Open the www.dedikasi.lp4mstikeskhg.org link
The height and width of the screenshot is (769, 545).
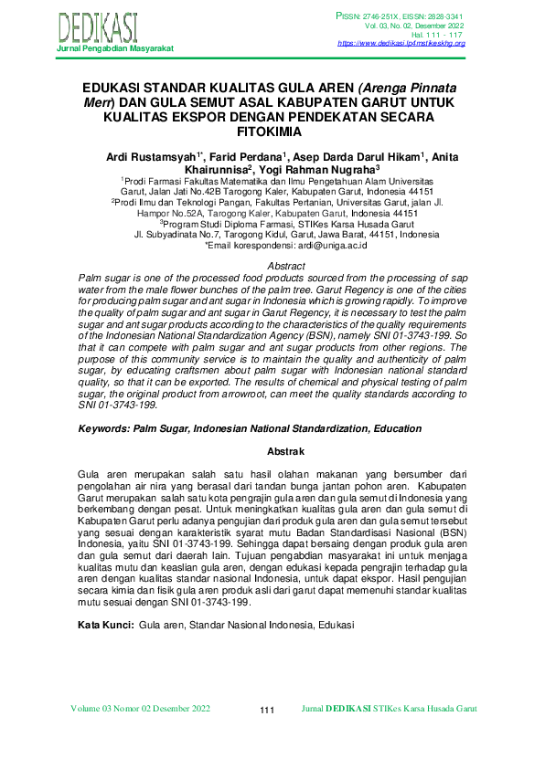click(x=401, y=43)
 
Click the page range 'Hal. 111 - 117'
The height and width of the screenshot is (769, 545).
click(x=438, y=35)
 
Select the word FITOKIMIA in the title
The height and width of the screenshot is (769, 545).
click(x=272, y=131)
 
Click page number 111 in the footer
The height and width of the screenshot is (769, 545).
click(x=267, y=711)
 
